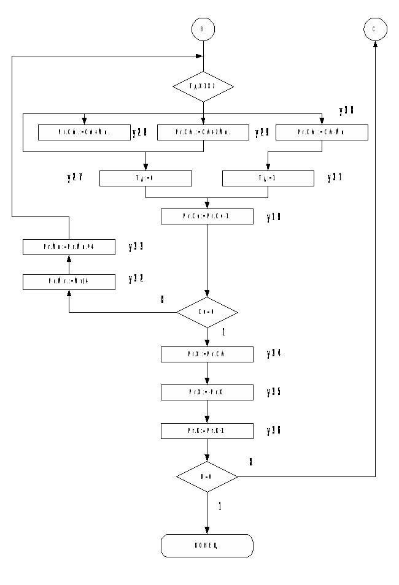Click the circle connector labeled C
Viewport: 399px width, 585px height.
[375, 29]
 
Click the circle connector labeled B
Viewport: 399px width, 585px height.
[203, 29]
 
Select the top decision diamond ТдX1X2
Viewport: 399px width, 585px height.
[203, 86]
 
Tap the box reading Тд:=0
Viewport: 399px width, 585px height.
[145, 178]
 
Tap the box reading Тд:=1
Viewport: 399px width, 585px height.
[268, 178]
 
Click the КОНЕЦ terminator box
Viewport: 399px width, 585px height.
[207, 545]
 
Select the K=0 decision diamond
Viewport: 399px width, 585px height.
[207, 476]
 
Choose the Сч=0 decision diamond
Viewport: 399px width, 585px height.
[207, 312]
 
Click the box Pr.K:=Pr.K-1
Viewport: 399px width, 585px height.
[207, 431]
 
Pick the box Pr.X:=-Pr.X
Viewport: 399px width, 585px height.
[207, 392]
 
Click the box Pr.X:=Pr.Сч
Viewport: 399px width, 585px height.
[207, 354]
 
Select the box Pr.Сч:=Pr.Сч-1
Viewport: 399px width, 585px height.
[207, 216]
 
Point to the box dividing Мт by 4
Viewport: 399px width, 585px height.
[69, 281]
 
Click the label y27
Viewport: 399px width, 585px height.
[75, 178]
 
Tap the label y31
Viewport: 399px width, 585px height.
[335, 178]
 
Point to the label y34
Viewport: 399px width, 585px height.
[274, 354]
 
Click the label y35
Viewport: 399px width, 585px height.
[274, 392]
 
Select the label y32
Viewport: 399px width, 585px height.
[136, 279]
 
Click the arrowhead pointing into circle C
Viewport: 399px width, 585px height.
[375, 44]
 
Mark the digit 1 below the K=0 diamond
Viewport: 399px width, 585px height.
[220, 507]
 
